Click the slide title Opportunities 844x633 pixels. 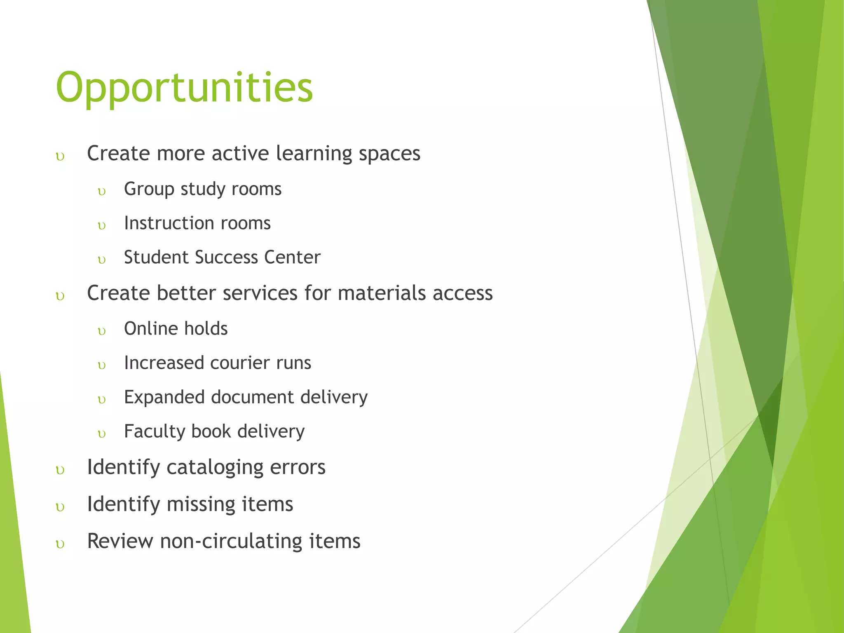coord(184,88)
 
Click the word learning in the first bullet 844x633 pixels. coord(314,154)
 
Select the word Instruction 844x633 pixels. coord(169,223)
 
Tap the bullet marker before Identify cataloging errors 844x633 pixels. coord(60,470)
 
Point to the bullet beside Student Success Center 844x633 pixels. coord(102,260)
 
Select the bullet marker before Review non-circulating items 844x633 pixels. coord(60,544)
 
